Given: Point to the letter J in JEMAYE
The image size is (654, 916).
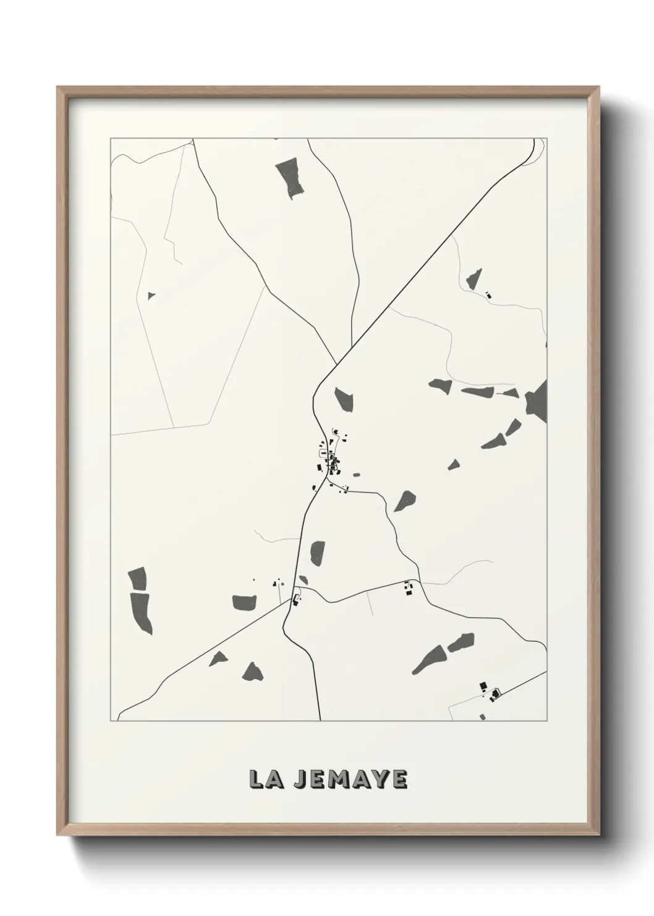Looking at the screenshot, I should (x=299, y=779).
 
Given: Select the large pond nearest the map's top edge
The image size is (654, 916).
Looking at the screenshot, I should (x=290, y=178).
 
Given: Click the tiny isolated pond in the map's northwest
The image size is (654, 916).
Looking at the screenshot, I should (x=151, y=296).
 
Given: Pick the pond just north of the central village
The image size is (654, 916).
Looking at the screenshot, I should (x=343, y=399).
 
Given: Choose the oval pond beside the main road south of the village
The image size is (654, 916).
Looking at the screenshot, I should (x=317, y=553).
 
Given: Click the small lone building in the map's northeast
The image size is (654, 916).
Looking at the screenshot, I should (x=488, y=295).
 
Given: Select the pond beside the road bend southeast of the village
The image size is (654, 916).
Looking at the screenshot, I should (x=405, y=500).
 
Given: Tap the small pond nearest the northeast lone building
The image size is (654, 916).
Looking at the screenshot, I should (x=474, y=280).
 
